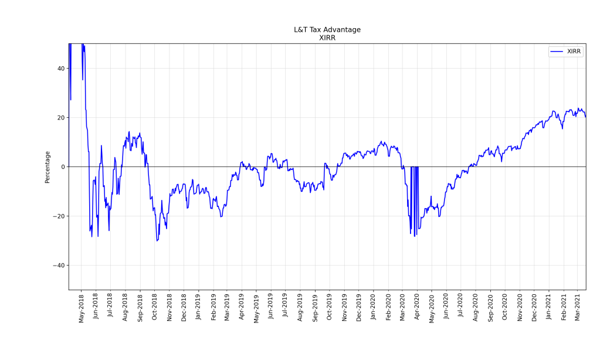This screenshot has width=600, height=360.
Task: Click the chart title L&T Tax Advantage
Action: (x=327, y=30)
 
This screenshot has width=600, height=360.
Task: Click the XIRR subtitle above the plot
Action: (x=327, y=38)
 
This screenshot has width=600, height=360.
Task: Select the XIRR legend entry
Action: (x=574, y=52)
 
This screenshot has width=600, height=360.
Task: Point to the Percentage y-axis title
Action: (x=48, y=167)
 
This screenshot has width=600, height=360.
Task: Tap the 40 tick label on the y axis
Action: (x=60, y=69)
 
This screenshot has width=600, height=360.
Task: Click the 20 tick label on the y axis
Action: (x=60, y=118)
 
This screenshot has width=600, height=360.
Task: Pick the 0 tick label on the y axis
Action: (x=63, y=167)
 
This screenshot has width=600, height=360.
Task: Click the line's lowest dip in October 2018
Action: (x=157, y=240)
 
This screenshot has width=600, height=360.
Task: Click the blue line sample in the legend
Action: (x=557, y=52)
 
